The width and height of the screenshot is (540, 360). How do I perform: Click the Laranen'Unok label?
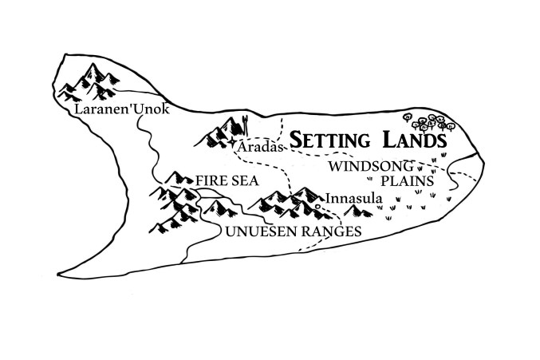120,110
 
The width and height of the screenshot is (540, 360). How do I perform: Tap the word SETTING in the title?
329,140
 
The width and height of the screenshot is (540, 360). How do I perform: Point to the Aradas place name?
260,148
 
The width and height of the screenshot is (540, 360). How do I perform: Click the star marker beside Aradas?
232,146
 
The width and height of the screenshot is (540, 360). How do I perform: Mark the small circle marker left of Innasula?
317,206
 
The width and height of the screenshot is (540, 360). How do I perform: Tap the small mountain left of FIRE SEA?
175,178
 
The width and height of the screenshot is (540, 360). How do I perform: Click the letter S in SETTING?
294,140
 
